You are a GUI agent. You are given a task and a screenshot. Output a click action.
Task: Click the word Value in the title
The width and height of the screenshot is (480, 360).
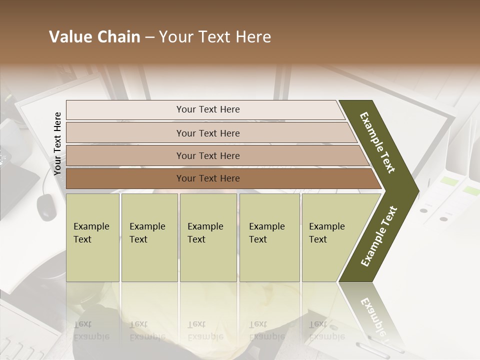coord(70,37)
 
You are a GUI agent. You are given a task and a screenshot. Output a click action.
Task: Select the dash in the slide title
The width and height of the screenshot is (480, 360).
coord(149,37)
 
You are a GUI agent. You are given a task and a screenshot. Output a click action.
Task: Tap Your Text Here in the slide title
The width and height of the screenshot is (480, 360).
coord(215,37)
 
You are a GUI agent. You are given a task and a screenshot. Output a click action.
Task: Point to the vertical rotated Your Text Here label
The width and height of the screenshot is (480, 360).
coord(58,144)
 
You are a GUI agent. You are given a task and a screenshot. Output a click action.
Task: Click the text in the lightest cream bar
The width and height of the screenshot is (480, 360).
coord(208,109)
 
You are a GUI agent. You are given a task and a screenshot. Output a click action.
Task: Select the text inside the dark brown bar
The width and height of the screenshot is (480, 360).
coord(208,178)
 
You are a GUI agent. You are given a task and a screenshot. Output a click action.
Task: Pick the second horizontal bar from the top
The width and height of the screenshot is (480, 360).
coord(208,133)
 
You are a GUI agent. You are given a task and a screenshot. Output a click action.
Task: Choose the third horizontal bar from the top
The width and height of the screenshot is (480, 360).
coord(208,156)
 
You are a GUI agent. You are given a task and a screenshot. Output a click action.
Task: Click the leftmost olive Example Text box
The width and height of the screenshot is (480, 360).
coord(92,237)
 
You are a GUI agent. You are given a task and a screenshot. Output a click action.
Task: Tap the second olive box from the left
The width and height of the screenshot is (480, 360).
coord(149,237)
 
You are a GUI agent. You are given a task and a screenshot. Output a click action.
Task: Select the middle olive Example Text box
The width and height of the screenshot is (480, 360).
coord(208,237)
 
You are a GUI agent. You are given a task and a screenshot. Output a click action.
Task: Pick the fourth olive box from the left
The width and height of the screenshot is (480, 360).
coord(269,237)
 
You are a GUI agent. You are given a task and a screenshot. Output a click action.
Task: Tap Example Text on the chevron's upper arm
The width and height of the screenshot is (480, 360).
coord(378,142)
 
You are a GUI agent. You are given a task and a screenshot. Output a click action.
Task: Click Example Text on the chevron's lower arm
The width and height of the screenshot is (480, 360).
coord(379,236)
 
